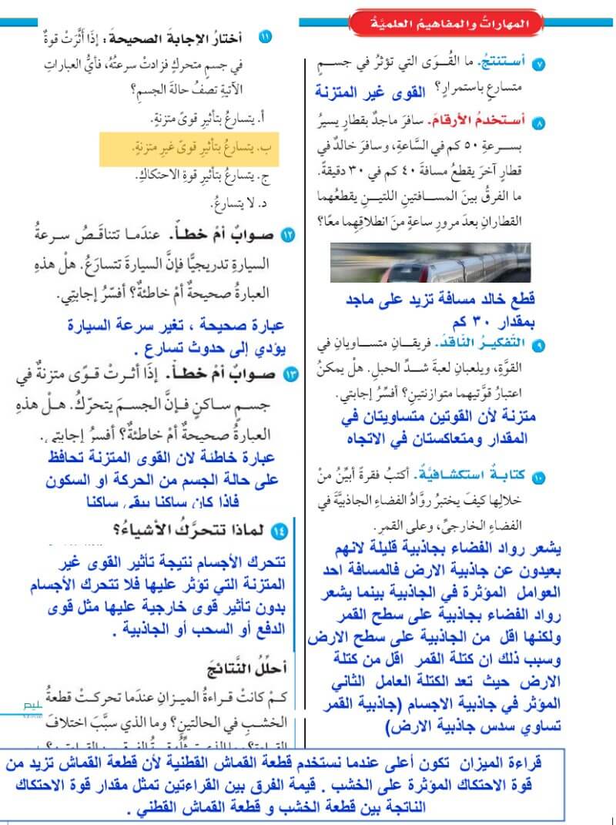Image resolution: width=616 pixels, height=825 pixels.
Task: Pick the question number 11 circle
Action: (265, 37)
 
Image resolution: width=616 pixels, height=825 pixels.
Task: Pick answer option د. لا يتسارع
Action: (236, 205)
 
